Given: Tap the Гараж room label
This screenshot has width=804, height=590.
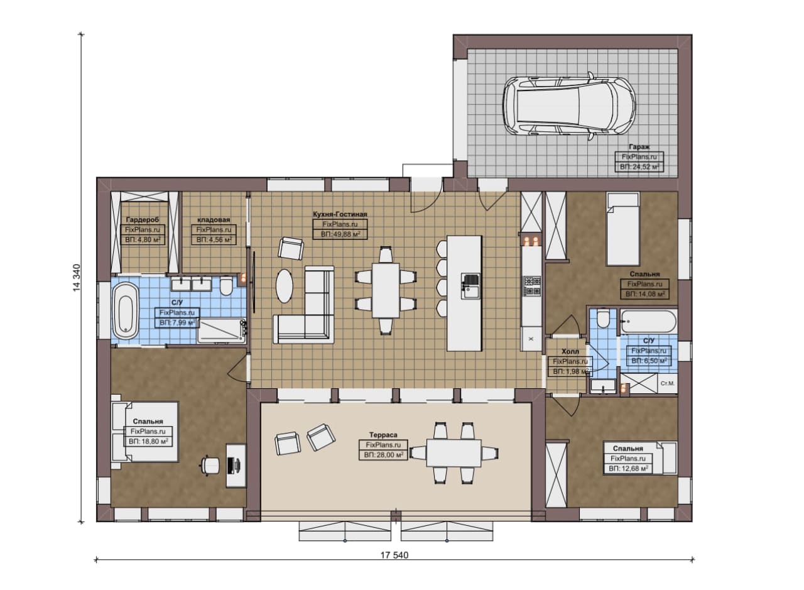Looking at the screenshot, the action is click(639, 147).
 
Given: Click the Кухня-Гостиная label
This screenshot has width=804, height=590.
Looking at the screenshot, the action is click(340, 214).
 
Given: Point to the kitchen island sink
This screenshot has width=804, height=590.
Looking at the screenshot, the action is click(470, 286).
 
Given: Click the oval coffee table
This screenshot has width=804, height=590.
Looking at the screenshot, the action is click(285, 286).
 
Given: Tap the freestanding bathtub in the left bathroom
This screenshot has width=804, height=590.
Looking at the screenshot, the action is click(125, 311).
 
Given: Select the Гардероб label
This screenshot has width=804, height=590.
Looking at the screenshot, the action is click(143, 220).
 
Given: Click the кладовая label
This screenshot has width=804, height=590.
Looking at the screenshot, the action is click(214, 220).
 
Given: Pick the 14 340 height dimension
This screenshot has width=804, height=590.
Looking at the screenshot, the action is click(77, 278).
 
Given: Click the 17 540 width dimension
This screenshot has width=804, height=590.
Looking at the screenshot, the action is click(394, 555).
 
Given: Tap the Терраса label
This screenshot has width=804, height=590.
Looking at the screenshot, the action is click(383, 435).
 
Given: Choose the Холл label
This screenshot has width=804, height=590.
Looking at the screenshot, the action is click(570, 352).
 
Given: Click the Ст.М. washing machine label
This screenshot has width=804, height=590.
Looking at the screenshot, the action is click(667, 383).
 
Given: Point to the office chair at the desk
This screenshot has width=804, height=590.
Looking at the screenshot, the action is click(210, 466).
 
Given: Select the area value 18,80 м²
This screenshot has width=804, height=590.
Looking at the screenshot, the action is click(148, 441).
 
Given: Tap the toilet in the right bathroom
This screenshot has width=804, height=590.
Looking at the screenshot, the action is click(603, 319).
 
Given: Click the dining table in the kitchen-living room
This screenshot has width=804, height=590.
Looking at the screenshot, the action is click(386, 290).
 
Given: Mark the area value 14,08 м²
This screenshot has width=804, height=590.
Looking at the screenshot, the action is click(645, 294).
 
